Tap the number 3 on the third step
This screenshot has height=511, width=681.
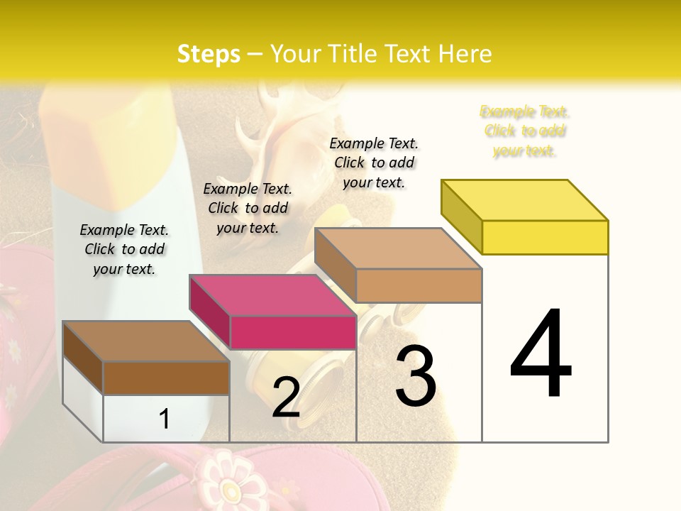[x=416, y=376]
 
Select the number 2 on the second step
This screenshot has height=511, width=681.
[x=286, y=397]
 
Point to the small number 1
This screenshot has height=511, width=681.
[x=164, y=419]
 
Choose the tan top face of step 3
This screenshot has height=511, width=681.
[x=399, y=248]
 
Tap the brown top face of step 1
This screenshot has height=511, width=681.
[x=146, y=341]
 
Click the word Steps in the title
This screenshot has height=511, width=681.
[x=209, y=54]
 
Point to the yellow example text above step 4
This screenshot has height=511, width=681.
[x=525, y=131]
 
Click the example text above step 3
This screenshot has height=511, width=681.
[x=374, y=163]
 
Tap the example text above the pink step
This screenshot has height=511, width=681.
[x=248, y=208]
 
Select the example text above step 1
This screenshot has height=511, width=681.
[x=124, y=249]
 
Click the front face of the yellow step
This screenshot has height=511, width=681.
[x=545, y=237]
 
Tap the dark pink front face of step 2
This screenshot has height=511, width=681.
[x=293, y=333]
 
